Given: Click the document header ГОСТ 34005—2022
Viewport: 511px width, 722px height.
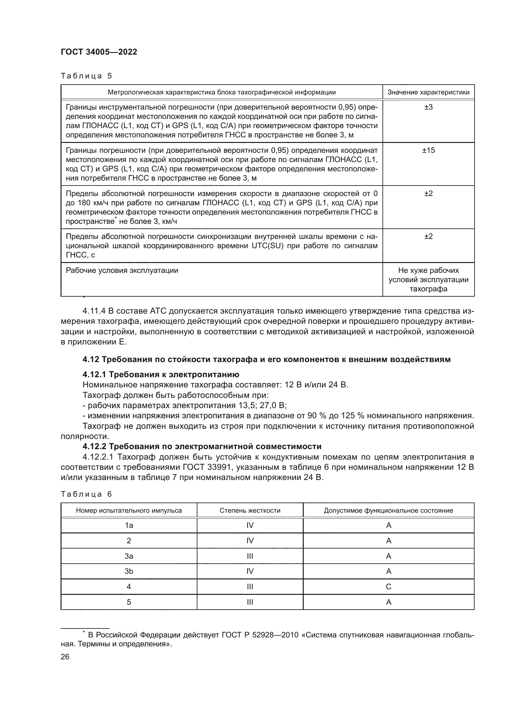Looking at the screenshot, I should tap(99, 52).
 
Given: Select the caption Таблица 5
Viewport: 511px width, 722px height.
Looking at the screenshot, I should tap(86, 76).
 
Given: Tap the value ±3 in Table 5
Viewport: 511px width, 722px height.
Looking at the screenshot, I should tap(428, 107).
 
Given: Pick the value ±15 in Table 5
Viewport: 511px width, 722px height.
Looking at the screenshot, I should tap(428, 150).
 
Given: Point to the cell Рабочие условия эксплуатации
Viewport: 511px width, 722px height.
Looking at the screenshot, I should tap(122, 270).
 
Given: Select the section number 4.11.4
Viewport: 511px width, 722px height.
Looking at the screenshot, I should tap(94, 311).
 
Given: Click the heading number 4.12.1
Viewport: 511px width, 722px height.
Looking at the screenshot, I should tap(94, 374).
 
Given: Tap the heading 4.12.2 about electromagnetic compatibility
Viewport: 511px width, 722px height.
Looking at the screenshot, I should tap(202, 447).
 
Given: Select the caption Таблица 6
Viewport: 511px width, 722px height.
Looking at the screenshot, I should tap(86, 494).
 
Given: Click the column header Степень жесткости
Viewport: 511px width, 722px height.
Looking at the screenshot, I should tap(250, 511).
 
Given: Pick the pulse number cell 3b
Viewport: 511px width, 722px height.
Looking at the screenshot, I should tap(129, 571).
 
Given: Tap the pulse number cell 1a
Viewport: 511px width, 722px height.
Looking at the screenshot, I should tap(129, 525).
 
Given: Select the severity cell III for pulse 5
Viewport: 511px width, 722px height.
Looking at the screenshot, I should tap(250, 602).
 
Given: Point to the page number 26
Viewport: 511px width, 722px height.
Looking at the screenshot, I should tap(65, 657).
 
